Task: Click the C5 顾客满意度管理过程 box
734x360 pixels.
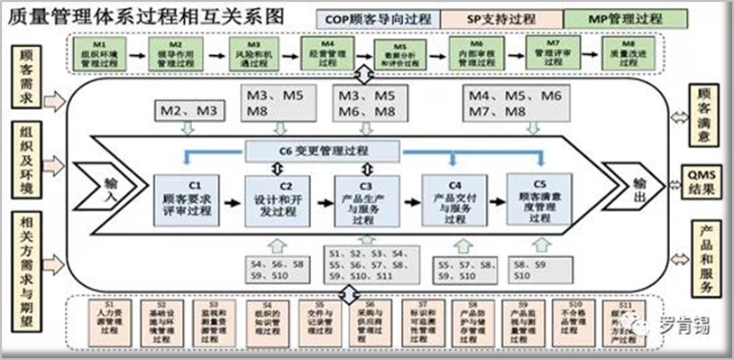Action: [x=539, y=200]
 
